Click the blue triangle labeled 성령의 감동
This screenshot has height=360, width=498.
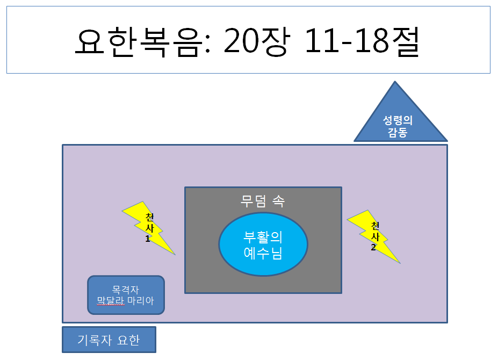pos(398,121)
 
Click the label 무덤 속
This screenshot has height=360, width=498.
pos(263,201)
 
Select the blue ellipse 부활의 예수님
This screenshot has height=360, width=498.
pos(263,244)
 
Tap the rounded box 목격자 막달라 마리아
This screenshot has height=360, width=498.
pos(126,295)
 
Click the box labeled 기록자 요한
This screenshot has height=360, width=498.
pos(109,340)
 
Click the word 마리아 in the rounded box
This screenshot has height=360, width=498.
pos(141,301)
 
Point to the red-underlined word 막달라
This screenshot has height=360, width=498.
pos(111,301)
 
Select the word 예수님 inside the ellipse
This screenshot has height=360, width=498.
pos(263,253)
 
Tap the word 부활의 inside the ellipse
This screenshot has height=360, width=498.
pos(263,237)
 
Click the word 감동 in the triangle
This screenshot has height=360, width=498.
pos(398,132)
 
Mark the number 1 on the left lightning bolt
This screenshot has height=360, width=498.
pos(148,239)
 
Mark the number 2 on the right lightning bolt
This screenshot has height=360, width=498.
pos(373,248)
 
